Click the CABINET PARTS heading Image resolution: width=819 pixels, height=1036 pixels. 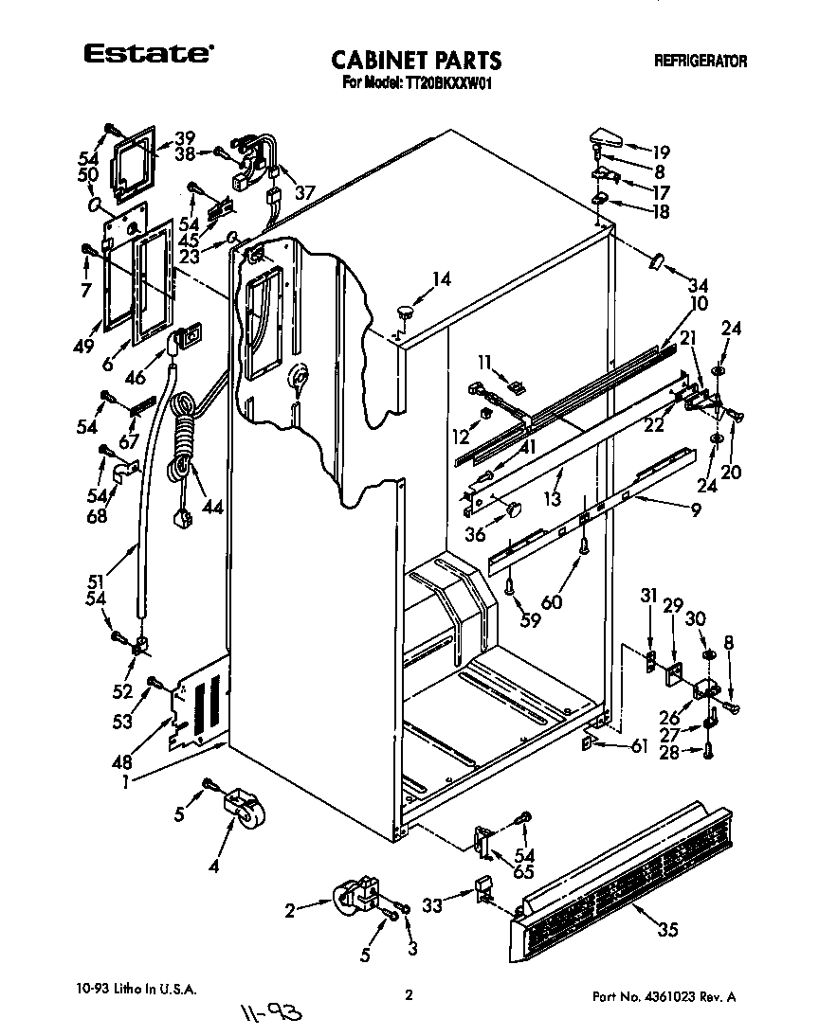pos(416,61)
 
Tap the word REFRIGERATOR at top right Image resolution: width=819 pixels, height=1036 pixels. pos(700,62)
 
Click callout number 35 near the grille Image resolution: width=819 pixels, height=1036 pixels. pos(667,930)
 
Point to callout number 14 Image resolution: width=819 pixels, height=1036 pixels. pos(441,279)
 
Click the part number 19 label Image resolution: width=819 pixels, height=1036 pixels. pos(660,151)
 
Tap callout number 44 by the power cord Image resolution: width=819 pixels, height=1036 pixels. pos(212,508)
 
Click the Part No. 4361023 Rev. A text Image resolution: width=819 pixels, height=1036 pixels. pos(664,996)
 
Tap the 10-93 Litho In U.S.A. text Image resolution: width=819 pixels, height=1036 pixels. pos(136,990)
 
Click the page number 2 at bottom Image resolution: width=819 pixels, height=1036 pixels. pos(409,994)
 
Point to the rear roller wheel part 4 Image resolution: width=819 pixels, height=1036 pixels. pos(243,812)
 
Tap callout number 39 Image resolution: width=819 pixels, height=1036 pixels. pos(184,136)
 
